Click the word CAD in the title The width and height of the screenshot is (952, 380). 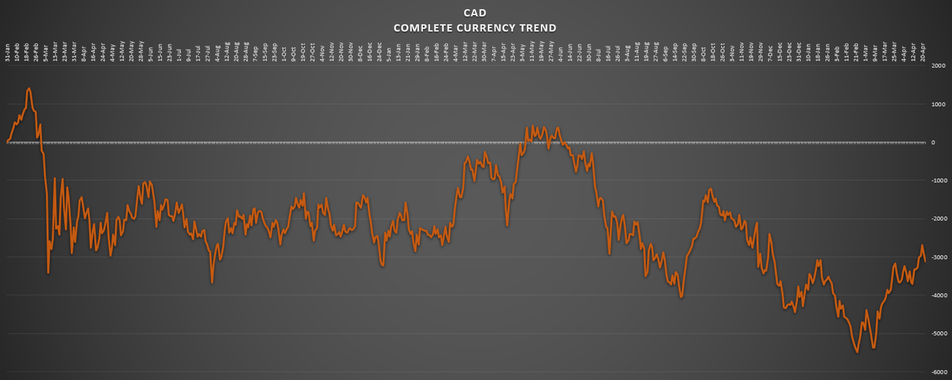pos(475,13)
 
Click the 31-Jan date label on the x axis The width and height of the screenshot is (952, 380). pos(8,53)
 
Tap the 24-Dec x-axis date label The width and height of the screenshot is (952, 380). pos(380,53)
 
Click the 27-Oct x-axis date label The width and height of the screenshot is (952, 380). pos(313,53)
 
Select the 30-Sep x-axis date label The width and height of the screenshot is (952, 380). pos(694,53)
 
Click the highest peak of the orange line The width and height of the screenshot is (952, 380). pos(29,88)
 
